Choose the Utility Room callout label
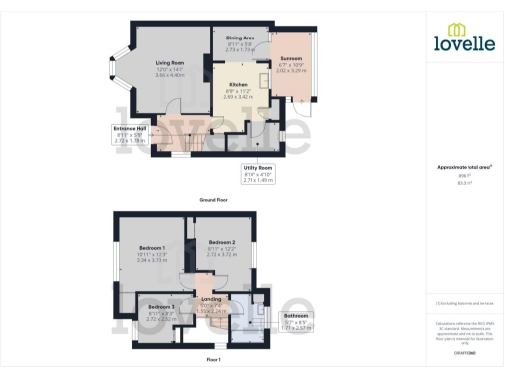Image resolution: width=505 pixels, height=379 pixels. (x=257, y=168)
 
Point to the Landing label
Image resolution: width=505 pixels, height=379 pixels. (x=212, y=299)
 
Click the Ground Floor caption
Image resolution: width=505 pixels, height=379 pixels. (x=215, y=199)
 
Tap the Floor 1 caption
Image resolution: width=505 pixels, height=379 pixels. (x=213, y=360)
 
